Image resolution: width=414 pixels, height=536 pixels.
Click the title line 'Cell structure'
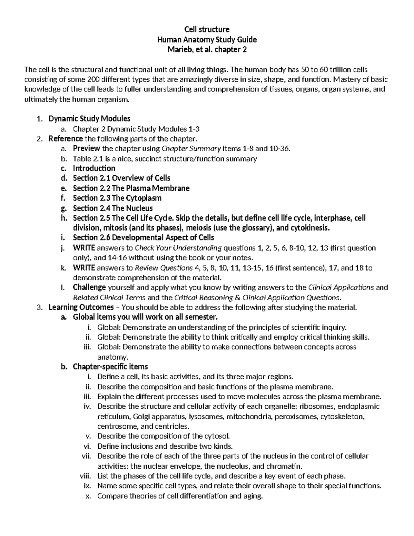[x=207, y=29]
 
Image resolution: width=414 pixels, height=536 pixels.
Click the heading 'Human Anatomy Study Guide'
[x=207, y=39]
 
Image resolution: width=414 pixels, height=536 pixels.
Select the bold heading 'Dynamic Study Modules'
[x=89, y=119]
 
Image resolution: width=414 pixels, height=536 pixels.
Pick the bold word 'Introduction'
[x=94, y=168]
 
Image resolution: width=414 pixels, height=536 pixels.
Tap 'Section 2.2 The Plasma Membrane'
[x=131, y=188]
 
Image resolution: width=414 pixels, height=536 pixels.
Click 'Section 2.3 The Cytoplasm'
[x=117, y=198]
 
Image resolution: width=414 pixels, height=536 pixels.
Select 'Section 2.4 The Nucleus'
[x=112, y=208]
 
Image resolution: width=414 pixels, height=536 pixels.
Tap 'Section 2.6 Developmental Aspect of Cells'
[x=143, y=238]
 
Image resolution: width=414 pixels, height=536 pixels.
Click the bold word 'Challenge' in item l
[x=89, y=288]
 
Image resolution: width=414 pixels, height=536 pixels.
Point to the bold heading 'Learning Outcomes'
[x=81, y=308]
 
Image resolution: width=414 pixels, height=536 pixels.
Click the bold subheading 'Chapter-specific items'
[x=110, y=367]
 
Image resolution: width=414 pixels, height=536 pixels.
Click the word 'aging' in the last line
[x=253, y=496]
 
